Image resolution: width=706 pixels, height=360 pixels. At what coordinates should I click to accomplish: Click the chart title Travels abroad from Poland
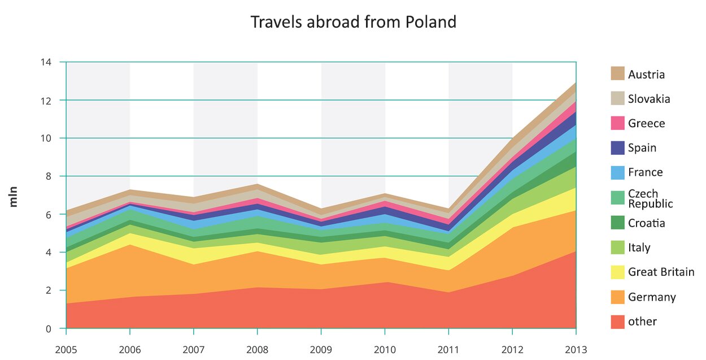(353, 22)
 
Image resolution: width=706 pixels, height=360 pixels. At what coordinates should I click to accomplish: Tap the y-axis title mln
(14, 194)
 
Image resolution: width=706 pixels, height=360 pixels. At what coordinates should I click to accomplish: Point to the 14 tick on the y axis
(46, 62)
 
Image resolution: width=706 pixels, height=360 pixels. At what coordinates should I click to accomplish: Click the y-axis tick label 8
(48, 176)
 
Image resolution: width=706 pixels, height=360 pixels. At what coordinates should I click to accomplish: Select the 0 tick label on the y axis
(48, 328)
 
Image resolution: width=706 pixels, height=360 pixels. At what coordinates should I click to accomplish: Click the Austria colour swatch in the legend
(617, 74)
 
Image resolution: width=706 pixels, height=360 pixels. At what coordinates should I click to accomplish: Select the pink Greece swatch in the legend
(617, 123)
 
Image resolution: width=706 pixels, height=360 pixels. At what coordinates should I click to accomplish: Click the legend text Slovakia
(649, 99)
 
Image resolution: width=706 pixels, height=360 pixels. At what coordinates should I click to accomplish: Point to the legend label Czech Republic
(650, 198)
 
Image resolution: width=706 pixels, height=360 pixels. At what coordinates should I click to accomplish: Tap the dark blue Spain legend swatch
(617, 148)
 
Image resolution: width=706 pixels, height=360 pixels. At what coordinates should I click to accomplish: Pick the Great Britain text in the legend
(661, 272)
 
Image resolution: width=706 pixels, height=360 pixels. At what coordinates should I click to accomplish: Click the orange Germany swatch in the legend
(617, 297)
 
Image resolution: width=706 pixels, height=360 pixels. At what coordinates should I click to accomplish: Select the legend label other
(642, 322)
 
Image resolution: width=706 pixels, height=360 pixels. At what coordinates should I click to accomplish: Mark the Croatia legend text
(646, 223)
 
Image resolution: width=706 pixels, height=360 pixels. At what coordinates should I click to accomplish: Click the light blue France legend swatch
(617, 172)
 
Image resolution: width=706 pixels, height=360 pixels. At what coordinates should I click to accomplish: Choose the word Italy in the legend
(639, 248)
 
